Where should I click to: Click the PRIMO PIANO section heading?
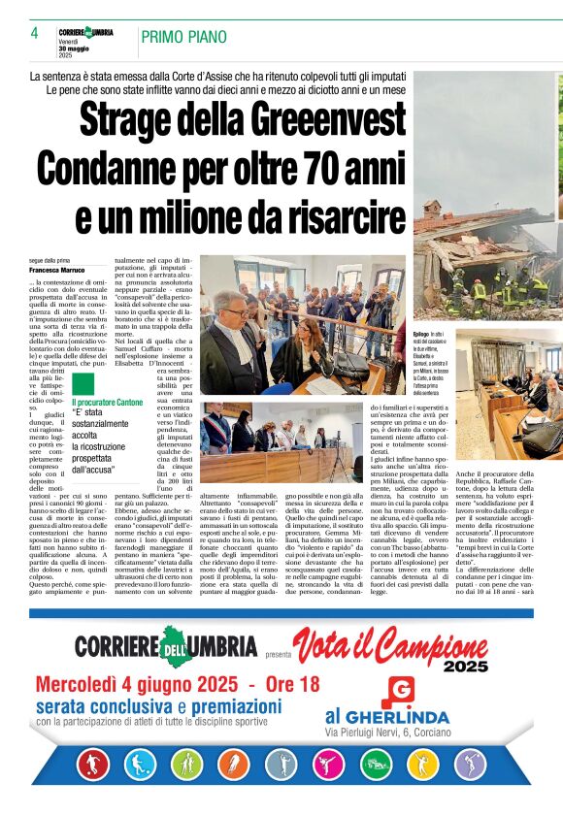click(x=183, y=38)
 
